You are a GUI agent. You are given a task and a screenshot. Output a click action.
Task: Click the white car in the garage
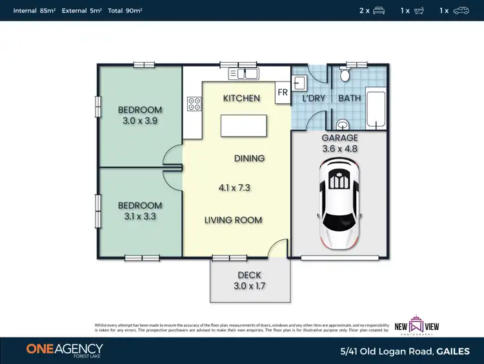pos(339,204)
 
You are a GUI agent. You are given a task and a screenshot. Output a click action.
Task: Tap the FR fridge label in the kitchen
pos(283,92)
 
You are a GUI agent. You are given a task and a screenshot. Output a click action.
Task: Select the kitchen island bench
pos(244,124)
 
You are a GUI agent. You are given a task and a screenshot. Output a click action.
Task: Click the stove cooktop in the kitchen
pos(192,103)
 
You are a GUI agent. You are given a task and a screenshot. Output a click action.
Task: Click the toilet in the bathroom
pos(345,76)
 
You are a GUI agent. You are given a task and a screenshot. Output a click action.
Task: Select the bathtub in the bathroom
pos(376,110)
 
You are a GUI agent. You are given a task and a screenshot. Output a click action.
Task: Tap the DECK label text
pos(249,275)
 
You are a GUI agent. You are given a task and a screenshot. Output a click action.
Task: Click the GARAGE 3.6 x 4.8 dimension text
pos(339,144)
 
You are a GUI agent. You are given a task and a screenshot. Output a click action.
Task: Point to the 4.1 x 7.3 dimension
pos(234,189)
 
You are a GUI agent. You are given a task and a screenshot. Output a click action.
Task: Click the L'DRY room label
pos(314,98)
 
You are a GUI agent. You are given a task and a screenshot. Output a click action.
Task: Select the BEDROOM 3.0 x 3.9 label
pos(140,115)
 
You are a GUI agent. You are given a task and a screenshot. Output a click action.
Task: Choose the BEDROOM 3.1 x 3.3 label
pos(140,211)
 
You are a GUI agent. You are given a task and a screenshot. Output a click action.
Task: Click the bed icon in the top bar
pos(379,10)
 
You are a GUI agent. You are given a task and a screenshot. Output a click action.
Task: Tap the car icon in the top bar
pos(461,10)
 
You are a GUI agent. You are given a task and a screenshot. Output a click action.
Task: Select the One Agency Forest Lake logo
pos(65,350)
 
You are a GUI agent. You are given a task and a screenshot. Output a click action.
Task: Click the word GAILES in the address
pos(454,350)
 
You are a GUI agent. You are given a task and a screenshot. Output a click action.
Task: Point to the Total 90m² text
pos(125,11)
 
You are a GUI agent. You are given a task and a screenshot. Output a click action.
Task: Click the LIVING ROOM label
pos(233,220)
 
